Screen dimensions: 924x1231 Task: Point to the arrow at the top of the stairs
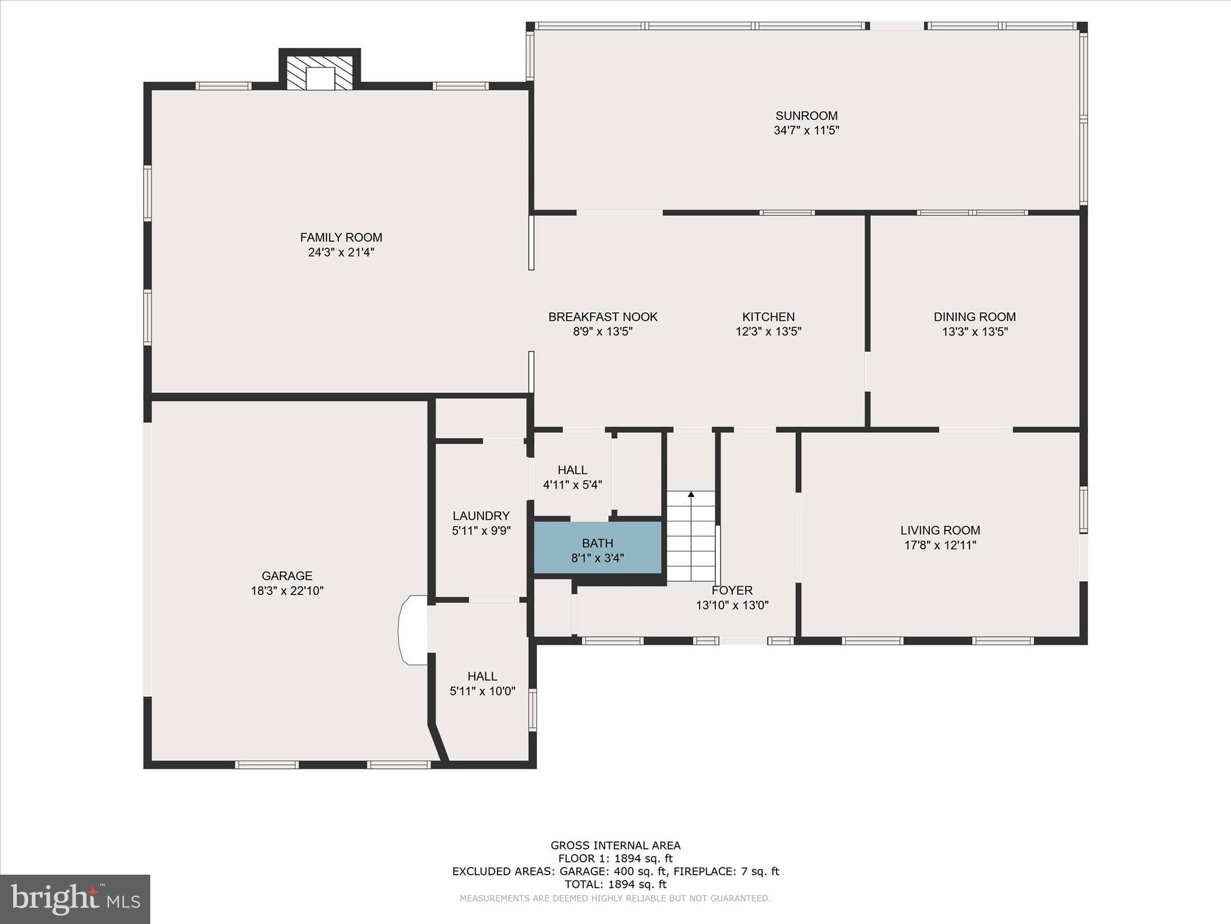click(x=691, y=494)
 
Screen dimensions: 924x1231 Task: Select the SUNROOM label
click(x=806, y=115)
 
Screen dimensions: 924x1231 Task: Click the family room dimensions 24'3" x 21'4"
click(x=341, y=253)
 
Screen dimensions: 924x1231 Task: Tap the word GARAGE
click(x=287, y=576)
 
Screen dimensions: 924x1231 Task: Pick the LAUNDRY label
click(x=481, y=516)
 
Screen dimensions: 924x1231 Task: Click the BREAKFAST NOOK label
click(x=602, y=316)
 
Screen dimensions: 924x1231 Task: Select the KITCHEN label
click(x=768, y=316)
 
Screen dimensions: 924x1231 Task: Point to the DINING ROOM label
click(x=974, y=316)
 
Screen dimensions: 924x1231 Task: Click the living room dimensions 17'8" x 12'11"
click(x=940, y=546)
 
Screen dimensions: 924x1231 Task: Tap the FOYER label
click(x=732, y=590)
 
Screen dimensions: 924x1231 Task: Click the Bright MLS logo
click(x=75, y=899)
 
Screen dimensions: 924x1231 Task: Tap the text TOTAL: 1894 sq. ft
click(x=615, y=884)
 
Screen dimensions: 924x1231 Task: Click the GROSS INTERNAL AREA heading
click(x=615, y=845)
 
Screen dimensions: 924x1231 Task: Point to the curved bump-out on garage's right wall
click(x=412, y=630)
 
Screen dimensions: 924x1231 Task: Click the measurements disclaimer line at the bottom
click(x=615, y=899)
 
